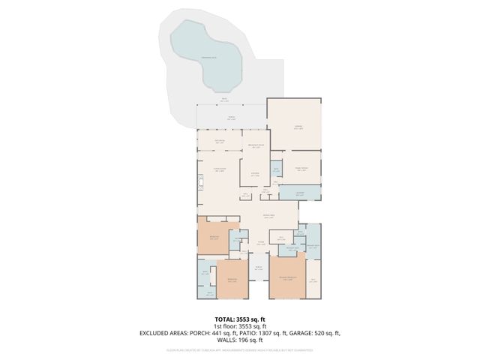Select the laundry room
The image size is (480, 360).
click(x=300, y=193)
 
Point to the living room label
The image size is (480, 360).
click(x=219, y=170)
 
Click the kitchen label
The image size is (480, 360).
click(x=255, y=174)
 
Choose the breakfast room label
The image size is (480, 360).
click(x=256, y=146)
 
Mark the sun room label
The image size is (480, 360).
click(x=220, y=141)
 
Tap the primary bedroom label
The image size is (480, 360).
click(x=287, y=279)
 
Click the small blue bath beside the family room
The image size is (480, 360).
click(x=276, y=169)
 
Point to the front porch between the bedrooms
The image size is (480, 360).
click(x=258, y=268)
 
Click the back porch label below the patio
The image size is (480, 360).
click(x=231, y=118)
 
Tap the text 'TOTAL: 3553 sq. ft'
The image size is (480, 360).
click(x=239, y=319)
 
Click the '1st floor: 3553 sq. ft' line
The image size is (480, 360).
click(x=239, y=326)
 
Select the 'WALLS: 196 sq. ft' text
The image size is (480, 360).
click(x=239, y=340)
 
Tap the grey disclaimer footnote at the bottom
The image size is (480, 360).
click(x=239, y=349)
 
